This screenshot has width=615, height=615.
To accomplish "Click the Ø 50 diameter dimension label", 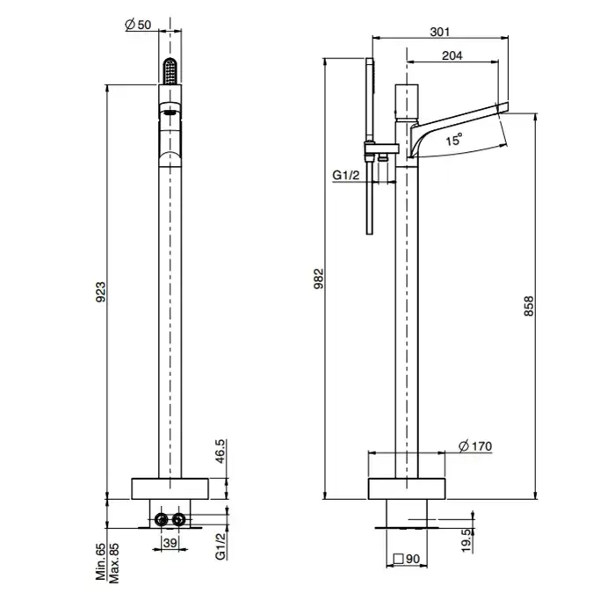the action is click(x=138, y=25).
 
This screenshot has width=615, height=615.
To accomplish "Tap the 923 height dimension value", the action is click(x=101, y=292).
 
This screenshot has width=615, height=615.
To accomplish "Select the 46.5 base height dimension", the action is click(x=220, y=451).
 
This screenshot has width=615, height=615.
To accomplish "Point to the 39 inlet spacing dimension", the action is click(x=170, y=543).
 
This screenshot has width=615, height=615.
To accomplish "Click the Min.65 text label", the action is click(x=101, y=561).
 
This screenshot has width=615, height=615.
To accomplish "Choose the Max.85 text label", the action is click(x=113, y=563).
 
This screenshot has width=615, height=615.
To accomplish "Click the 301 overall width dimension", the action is click(x=439, y=32).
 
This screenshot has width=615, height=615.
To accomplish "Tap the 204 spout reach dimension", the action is click(x=452, y=55).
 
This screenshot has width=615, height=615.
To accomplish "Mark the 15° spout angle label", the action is click(x=454, y=139).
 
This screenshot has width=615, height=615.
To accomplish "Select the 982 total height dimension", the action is click(x=319, y=279).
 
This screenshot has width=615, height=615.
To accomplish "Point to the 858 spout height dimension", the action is click(x=529, y=307).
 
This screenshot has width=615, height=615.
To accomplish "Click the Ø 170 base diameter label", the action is click(x=475, y=446).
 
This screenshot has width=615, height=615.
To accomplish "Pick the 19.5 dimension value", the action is click(x=466, y=540).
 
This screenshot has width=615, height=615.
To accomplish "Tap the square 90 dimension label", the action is click(x=406, y=558).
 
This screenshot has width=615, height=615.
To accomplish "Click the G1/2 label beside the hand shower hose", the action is click(x=345, y=175).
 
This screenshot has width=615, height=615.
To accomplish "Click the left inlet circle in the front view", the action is click(x=161, y=520).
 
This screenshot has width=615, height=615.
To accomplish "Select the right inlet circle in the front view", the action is click(x=179, y=520).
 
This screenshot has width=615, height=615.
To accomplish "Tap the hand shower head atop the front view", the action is click(x=170, y=71).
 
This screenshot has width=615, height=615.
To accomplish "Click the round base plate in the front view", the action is click(x=170, y=488).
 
